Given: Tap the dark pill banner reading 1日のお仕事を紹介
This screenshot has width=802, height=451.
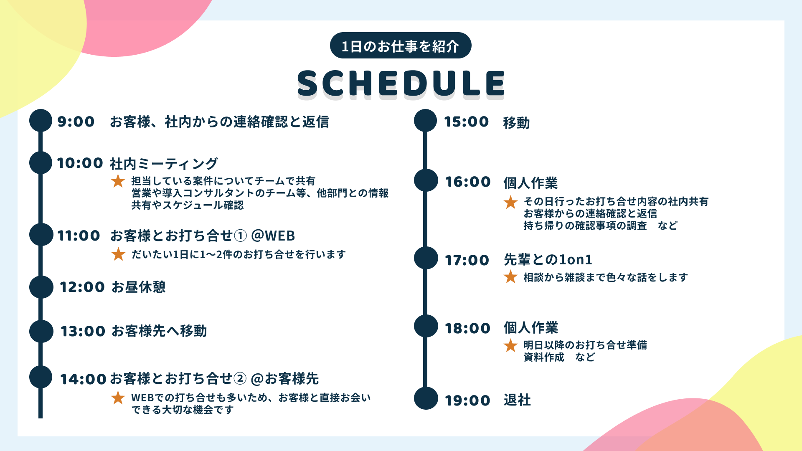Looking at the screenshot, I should [400, 46].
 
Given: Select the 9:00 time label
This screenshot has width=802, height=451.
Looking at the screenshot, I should [76, 122].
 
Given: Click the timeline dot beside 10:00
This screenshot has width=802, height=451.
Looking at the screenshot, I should [41, 162].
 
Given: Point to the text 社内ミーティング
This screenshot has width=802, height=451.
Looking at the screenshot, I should [164, 164].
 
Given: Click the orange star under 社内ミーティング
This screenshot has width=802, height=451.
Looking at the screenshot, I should [118, 181].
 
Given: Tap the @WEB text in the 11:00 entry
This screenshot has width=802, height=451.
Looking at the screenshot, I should [273, 236].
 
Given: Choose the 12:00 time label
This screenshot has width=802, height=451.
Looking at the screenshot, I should [82, 287].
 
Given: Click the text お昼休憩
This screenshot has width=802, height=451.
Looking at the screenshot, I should [139, 287].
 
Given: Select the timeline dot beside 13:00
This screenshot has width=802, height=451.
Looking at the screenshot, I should [41, 331].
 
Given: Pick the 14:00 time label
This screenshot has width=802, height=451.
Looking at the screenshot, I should [83, 379].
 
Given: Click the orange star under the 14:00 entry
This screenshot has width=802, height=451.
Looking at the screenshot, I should [118, 398].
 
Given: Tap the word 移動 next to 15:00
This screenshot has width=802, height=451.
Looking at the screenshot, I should [516, 123].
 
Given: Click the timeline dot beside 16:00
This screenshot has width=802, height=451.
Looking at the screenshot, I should [426, 180].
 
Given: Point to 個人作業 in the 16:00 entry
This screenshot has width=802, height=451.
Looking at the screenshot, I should [530, 183].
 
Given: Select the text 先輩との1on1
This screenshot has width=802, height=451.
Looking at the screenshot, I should [548, 260].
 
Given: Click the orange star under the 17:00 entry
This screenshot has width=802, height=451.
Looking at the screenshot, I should [510, 277].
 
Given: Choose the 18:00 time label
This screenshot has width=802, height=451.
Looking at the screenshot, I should [467, 328].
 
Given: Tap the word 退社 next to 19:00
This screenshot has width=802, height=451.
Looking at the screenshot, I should [517, 400].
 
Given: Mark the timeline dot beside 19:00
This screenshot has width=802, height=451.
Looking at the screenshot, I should [426, 398].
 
